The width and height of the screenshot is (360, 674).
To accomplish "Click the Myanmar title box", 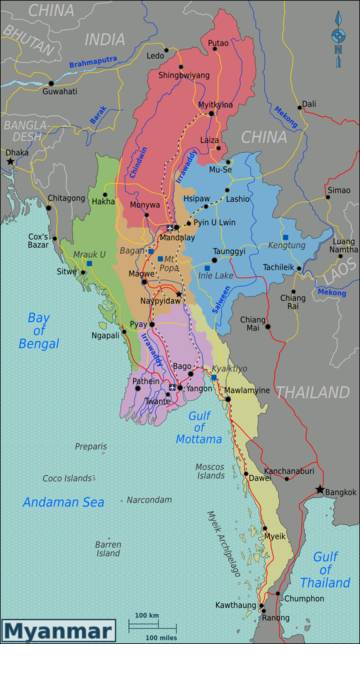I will pyautogui.click(x=57, y=630).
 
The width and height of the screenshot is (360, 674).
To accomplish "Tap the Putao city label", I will pyautogui.click(x=217, y=43).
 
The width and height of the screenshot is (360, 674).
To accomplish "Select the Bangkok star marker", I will pyautogui.click(x=320, y=489).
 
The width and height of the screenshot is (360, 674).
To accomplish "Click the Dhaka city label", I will pyautogui.click(x=17, y=153).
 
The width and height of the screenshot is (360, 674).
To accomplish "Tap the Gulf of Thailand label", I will pyautogui.click(x=331, y=569).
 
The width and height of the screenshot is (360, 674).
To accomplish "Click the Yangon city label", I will pyautogui.click(x=199, y=388).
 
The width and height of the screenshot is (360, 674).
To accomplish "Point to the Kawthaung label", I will pyautogui.click(x=235, y=605).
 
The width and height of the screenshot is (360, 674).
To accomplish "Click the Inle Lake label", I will pyautogui.click(x=215, y=275).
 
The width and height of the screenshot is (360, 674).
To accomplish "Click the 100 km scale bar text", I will pyautogui.click(x=147, y=615).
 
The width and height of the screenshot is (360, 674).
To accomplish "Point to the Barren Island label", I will pyautogui.click(x=108, y=548).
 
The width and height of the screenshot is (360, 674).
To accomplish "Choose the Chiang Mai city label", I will pyautogui.click(x=251, y=323).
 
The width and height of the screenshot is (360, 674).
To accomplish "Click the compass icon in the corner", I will pyautogui.click(x=338, y=37).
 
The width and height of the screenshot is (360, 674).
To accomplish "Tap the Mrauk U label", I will pyautogui.click(x=88, y=254).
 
